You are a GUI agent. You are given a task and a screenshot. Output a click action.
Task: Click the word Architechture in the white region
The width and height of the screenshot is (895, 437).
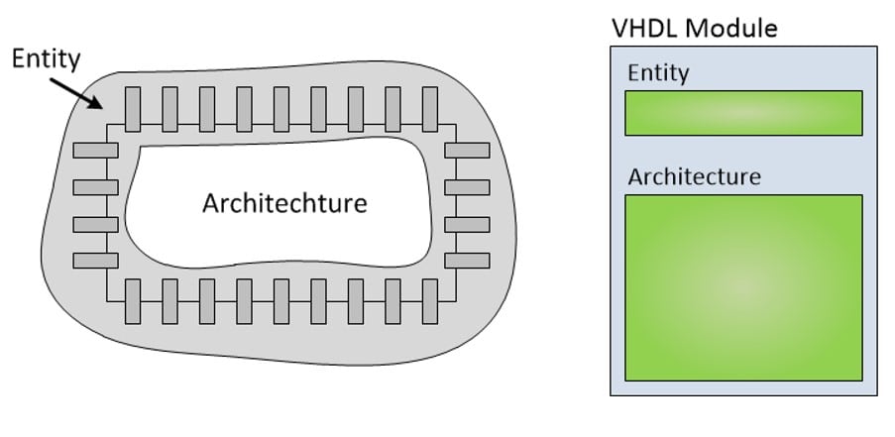[284, 203]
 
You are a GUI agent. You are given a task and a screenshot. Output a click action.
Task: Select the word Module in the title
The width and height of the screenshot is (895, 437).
[731, 27]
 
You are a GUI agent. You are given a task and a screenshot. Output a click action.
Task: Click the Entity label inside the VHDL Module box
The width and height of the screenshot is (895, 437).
[657, 73]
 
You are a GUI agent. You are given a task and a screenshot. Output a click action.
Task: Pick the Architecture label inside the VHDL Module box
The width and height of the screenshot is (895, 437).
[694, 176]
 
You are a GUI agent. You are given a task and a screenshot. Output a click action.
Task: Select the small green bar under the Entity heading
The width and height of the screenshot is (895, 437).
[742, 113]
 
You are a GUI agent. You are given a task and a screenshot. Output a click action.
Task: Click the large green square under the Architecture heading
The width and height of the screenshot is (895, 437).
[742, 287]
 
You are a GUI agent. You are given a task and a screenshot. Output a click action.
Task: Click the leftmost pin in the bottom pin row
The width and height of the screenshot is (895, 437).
[133, 301]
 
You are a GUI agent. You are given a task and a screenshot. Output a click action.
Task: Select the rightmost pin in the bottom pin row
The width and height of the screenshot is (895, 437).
[429, 301]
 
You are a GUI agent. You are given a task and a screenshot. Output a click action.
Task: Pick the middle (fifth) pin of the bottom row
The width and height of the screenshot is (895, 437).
[281, 301]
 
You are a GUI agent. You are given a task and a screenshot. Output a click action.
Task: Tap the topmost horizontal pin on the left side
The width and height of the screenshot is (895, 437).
[95, 150]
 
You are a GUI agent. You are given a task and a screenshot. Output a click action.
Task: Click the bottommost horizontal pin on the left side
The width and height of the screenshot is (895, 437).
[95, 260]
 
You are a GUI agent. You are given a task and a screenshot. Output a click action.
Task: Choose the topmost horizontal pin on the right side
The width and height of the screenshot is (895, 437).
[467, 150]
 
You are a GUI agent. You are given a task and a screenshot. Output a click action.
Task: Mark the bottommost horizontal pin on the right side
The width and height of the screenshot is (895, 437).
[467, 260]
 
